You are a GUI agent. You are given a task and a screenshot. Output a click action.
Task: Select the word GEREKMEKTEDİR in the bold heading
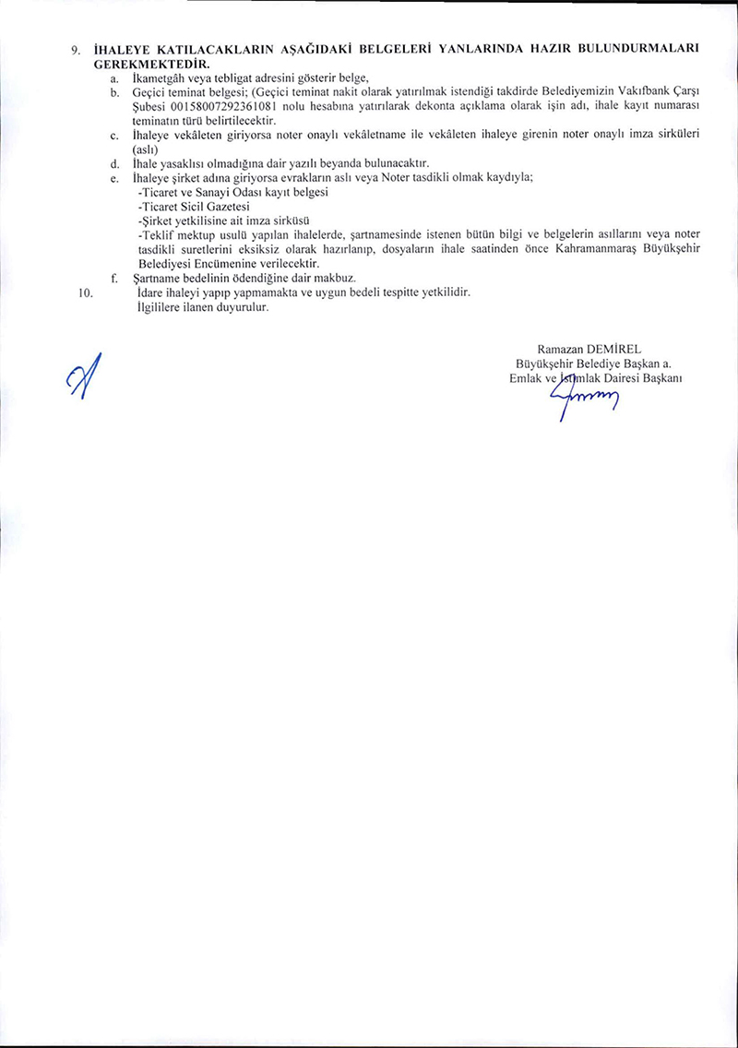(152, 65)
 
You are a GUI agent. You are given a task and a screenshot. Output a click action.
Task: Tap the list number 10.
(87, 292)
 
